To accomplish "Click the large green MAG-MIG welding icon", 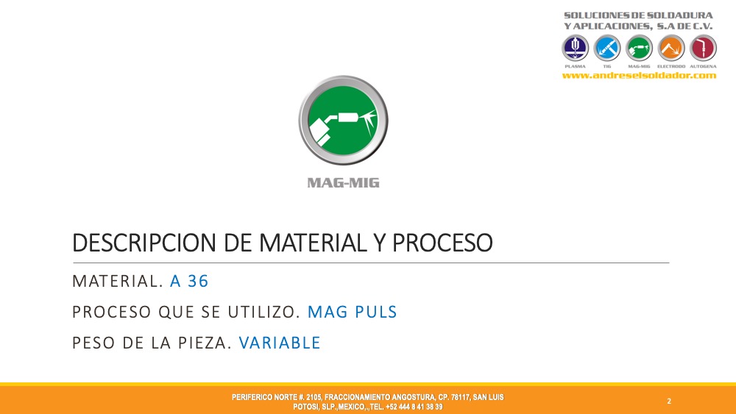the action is pyautogui.click(x=343, y=121).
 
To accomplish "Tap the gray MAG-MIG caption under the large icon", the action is pyautogui.click(x=343, y=183).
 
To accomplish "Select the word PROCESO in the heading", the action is pyautogui.click(x=442, y=243).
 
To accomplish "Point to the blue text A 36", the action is pyautogui.click(x=189, y=282).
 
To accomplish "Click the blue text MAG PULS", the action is pyautogui.click(x=352, y=312).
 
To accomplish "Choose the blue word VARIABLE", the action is pyautogui.click(x=280, y=343).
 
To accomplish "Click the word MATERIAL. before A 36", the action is pyautogui.click(x=117, y=282).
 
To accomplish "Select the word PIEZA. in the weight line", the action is pyautogui.click(x=205, y=343).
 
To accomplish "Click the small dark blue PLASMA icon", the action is pyautogui.click(x=575, y=48).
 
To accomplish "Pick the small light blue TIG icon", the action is pyautogui.click(x=607, y=48).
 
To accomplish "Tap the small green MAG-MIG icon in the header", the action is pyautogui.click(x=639, y=48).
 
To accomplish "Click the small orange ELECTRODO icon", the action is pyautogui.click(x=671, y=48).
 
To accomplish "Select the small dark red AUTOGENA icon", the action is pyautogui.click(x=703, y=48).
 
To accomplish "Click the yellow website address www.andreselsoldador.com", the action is pyautogui.click(x=640, y=76).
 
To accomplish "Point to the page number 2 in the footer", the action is pyautogui.click(x=669, y=401).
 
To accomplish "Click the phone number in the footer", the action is pyautogui.click(x=414, y=407).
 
